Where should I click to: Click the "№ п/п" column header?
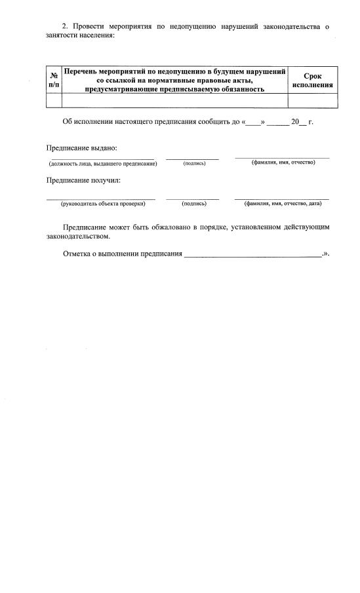[x=54, y=80]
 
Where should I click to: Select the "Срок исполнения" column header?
[x=313, y=80]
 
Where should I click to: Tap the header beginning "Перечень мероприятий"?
[x=174, y=80]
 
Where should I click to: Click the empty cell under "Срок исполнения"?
[x=313, y=100]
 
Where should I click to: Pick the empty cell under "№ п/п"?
[x=54, y=100]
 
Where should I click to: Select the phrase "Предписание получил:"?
[x=83, y=180]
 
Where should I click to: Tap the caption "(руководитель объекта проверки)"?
[x=103, y=204]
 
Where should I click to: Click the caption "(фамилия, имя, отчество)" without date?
[x=283, y=163]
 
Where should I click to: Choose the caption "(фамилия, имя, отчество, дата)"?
[x=283, y=204]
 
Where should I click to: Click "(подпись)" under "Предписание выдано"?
[x=194, y=163]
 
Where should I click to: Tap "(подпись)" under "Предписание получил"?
[x=194, y=204]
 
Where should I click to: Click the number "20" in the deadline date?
[x=294, y=122]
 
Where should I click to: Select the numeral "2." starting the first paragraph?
[x=65, y=26]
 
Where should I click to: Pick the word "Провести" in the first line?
[x=88, y=26]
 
